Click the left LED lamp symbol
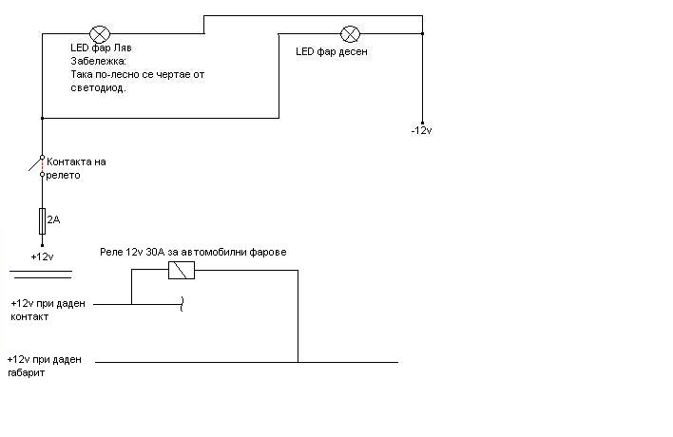point(96,33)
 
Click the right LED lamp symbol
point(350,33)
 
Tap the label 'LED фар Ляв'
point(102,47)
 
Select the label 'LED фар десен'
point(332,52)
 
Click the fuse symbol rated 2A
point(42,220)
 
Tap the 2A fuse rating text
point(53,219)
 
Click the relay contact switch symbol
point(39,165)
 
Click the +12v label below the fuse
point(42,256)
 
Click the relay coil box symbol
point(181,271)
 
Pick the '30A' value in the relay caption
point(155,252)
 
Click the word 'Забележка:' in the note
point(95,61)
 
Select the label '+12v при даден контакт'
point(47,310)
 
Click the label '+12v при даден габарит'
point(44,367)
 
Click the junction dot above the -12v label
point(423,33)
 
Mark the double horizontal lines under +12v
point(42,275)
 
